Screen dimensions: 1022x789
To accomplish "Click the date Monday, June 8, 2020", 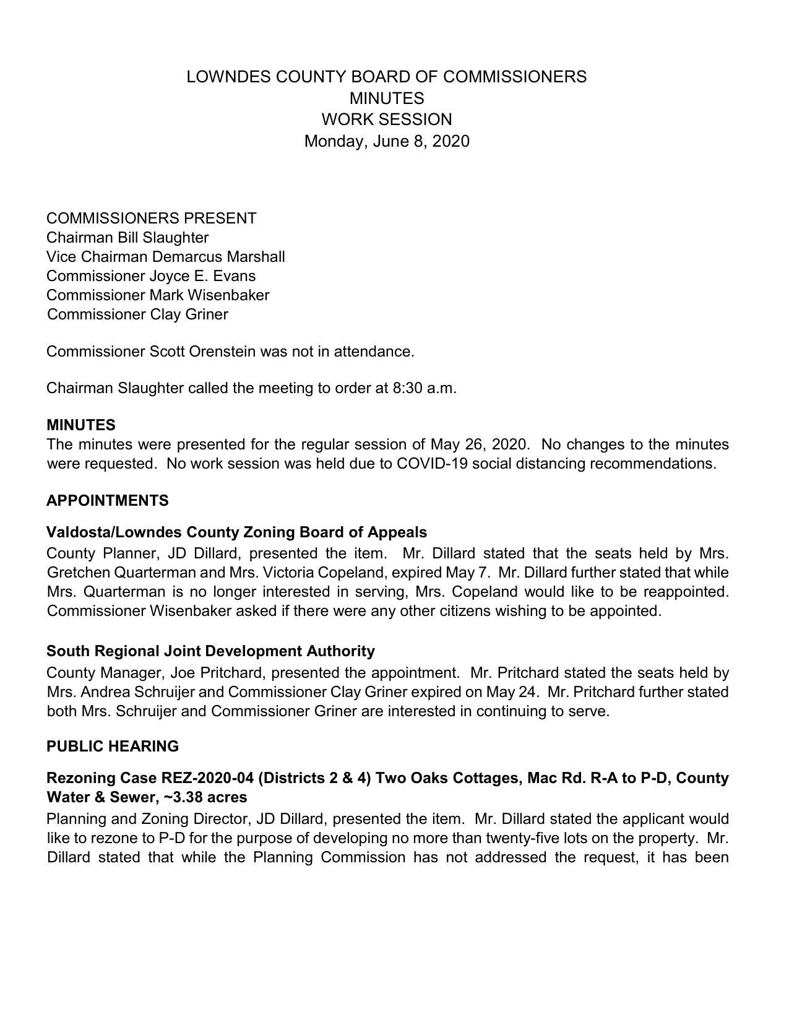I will pos(386,141).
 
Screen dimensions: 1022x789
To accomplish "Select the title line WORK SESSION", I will pos(386,119).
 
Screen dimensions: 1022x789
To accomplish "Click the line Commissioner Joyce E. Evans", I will pos(150,276).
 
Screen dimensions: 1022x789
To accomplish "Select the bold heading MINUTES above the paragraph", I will pos(80,425).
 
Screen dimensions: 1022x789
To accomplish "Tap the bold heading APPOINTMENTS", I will pos(107,501).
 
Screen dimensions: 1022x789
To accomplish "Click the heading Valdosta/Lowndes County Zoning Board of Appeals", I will pos(236,532).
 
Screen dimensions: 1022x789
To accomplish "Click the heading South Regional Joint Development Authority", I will pos(210,651).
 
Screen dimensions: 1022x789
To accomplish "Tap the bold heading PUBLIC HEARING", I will pos(112,747).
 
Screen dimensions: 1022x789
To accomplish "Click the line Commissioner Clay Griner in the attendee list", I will pos(137,314).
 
